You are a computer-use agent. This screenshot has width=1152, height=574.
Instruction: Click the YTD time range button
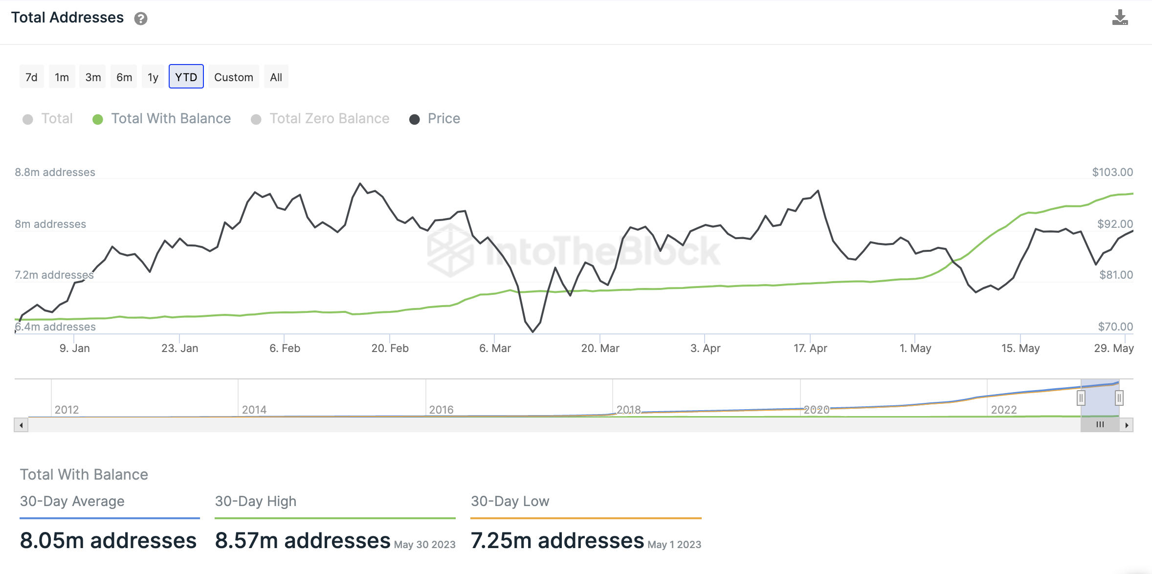coord(186,77)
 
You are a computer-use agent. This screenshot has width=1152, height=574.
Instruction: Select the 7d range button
coord(31,77)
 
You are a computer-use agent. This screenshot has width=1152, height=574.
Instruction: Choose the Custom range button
coord(233,77)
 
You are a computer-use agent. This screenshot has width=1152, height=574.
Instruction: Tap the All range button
coord(276,77)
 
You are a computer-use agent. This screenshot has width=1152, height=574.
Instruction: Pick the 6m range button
coord(124,77)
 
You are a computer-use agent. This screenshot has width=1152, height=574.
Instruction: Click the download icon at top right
coord(1120,18)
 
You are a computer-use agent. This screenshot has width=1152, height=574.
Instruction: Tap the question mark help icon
coord(141,19)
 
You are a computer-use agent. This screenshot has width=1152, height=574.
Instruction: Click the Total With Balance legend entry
coord(171,119)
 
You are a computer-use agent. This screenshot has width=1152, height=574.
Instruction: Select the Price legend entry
coord(443,119)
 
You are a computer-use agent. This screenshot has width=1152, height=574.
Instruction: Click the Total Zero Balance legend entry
coord(329,119)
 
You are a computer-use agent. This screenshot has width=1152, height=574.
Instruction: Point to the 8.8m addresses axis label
coord(55,172)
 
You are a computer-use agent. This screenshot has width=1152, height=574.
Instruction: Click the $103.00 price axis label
coord(1112,172)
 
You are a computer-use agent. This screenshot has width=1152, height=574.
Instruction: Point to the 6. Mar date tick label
coord(495,348)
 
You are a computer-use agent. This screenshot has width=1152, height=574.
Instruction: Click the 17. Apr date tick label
coord(810,348)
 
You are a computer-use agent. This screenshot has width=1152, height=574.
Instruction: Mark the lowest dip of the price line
coord(532,332)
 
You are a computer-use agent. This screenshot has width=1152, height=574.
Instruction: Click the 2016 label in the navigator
coord(441,410)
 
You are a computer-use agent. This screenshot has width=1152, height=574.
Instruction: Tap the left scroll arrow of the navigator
coord(21,425)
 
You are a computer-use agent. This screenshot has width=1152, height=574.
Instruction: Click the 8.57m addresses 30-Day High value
coord(303,541)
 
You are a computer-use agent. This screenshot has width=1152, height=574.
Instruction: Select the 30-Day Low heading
coord(510,501)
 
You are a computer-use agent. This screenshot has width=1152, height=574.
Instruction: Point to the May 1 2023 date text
coord(674,545)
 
